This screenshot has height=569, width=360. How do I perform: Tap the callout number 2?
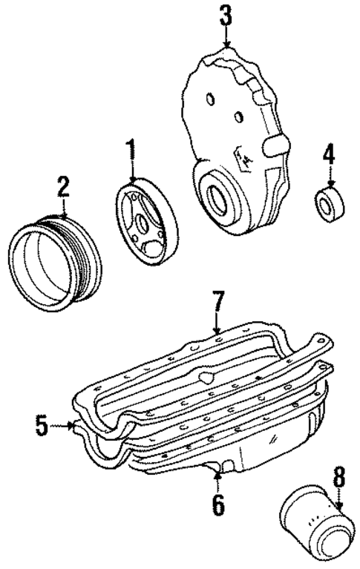65,185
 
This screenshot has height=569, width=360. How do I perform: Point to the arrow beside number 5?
64,426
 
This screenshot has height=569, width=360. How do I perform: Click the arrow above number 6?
217,475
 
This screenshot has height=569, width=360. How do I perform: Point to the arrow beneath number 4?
330,179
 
